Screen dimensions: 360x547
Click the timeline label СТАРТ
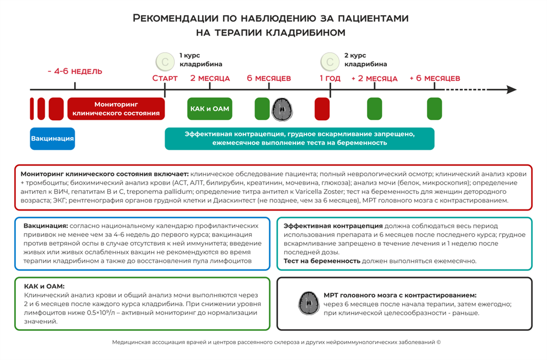coord(165,78)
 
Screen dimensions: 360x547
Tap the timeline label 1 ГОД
coord(330,78)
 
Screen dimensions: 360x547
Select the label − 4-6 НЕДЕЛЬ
coord(75,72)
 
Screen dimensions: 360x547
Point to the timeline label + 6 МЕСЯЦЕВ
coord(435,78)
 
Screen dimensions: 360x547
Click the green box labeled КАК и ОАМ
coord(209,108)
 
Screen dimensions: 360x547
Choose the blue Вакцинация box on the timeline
coord(52,138)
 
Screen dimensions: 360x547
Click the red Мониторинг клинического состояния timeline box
coord(116,108)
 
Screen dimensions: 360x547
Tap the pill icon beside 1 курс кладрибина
coord(165,61)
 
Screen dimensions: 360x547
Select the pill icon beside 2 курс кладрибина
coord(330,61)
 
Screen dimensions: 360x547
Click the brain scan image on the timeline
coord(282,108)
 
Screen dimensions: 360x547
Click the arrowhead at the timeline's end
coord(510,89)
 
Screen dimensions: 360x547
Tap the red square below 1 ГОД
coord(322,108)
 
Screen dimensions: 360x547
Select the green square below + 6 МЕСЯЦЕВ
coord(435,108)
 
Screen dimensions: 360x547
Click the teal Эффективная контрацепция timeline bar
coord(299,138)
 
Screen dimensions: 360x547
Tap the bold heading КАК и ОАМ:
coord(44,286)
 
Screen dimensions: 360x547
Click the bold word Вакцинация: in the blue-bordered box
coord(45,225)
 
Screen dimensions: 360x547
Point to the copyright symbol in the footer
coord(439,341)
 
